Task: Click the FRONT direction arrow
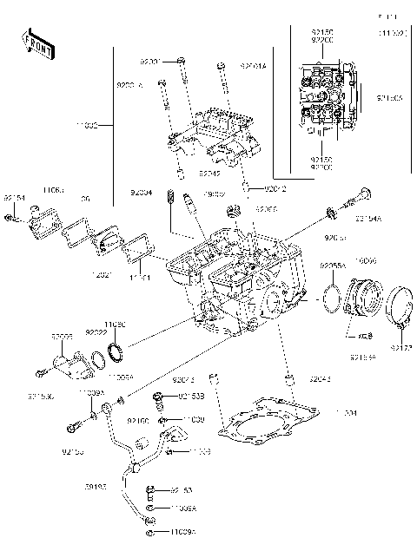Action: [37, 43]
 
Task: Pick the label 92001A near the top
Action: [253, 64]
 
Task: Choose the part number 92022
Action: [96, 331]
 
